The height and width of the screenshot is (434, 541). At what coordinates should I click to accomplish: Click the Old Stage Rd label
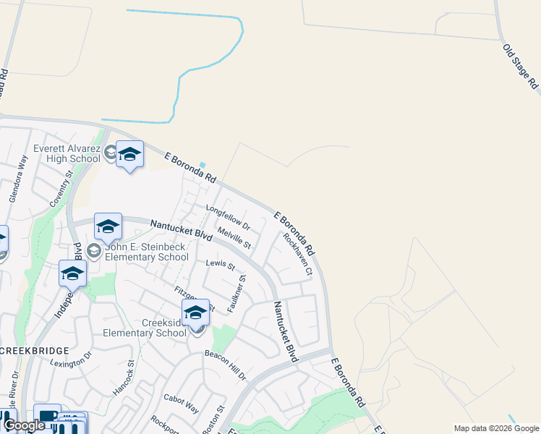521,67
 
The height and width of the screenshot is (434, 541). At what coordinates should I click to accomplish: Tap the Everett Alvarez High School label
67,154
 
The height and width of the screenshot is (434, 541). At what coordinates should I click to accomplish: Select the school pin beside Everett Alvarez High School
129,156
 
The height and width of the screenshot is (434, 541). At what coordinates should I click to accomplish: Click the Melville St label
234,237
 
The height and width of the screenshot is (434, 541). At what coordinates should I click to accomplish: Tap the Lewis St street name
221,265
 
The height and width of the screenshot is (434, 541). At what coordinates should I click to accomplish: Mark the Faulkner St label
237,293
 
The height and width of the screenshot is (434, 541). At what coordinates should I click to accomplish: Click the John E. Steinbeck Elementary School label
147,252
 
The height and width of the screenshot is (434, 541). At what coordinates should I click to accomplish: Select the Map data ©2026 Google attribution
497,428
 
